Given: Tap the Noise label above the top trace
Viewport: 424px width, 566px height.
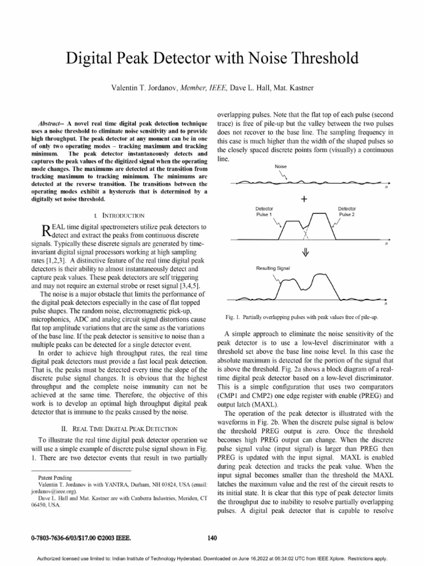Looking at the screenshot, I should coord(280,166).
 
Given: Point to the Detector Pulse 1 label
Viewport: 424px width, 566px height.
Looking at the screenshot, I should coord(264,212).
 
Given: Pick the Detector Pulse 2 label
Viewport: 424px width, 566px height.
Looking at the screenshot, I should coord(346,212).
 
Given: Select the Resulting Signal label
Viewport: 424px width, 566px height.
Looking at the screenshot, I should coord(273,268).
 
